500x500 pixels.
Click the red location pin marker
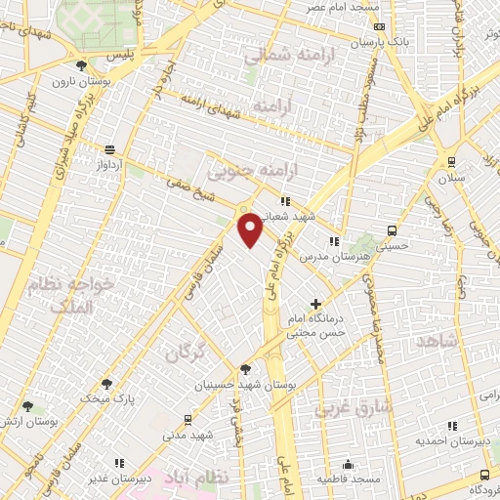251,229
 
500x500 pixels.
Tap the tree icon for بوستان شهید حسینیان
244,368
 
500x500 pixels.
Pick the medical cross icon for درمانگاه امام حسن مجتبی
314,304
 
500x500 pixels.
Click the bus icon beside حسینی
392,230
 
